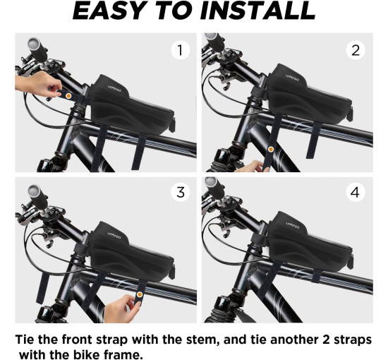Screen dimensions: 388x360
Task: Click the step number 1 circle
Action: [181, 50]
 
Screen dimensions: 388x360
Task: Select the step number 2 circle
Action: [356, 50]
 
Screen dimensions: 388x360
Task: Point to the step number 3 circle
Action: [181, 192]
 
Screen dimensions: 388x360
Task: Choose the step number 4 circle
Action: [356, 192]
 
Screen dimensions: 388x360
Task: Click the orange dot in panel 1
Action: [68, 96]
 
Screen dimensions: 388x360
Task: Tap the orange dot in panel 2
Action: [271, 150]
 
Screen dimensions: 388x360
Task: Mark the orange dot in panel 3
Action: [140, 294]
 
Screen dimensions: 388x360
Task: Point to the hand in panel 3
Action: [121, 309]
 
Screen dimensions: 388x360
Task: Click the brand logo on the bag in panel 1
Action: [114, 89]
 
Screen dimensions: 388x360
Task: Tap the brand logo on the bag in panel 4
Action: [293, 225]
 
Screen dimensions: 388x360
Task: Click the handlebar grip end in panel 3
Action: [34, 191]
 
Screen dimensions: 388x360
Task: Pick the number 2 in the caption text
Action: [327, 340]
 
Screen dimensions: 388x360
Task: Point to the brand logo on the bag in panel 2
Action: [292, 78]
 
